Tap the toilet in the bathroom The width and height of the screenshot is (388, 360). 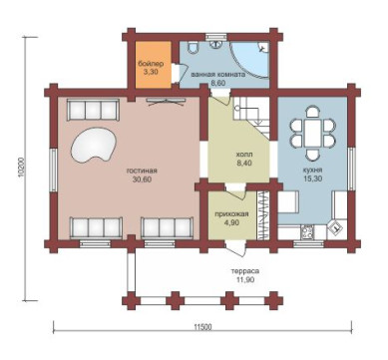pyautogui.click(x=193, y=48)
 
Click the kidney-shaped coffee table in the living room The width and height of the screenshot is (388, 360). pyautogui.click(x=94, y=146)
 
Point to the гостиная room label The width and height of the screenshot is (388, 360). pyautogui.click(x=142, y=171)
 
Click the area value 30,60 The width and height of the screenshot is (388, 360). pyautogui.click(x=142, y=180)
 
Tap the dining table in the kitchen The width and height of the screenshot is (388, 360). pyautogui.click(x=312, y=133)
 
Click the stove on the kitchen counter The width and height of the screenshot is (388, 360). pyautogui.click(x=306, y=231)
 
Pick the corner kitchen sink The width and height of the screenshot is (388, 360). pyautogui.click(x=336, y=228)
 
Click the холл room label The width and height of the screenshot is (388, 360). pyautogui.click(x=244, y=155)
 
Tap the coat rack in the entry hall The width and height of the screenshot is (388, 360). pyautogui.click(x=263, y=214)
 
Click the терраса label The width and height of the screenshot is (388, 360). pyautogui.click(x=245, y=271)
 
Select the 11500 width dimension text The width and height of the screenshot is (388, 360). pyautogui.click(x=202, y=327)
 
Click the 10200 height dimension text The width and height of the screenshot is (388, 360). pyautogui.click(x=21, y=168)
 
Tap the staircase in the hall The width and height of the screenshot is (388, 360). pyautogui.click(x=251, y=117)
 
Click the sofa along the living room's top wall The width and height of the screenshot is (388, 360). pyautogui.click(x=93, y=110)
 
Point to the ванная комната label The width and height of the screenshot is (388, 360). pyautogui.click(x=218, y=74)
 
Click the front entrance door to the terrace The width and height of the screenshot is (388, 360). pyautogui.click(x=236, y=248)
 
